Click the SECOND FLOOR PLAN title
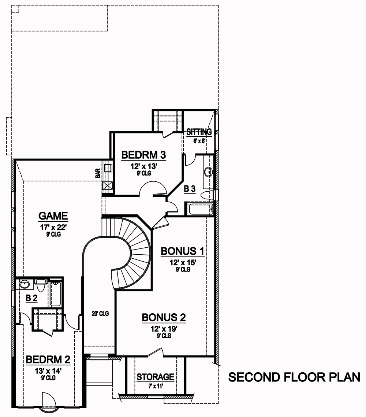tap(294, 377)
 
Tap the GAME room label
tap(53, 215)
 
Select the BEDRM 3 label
tap(143, 155)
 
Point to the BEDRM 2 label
tap(48, 359)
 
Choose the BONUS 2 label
tap(164, 317)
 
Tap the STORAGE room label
tap(155, 377)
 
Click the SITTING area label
tap(199, 132)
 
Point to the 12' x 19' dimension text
tap(164, 329)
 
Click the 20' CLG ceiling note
tap(100, 314)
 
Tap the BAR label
tap(98, 173)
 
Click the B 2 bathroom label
tap(31, 299)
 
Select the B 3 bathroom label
tap(190, 189)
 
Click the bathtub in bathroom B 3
tap(200, 210)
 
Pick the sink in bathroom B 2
tap(25, 284)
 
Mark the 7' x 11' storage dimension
tap(155, 385)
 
